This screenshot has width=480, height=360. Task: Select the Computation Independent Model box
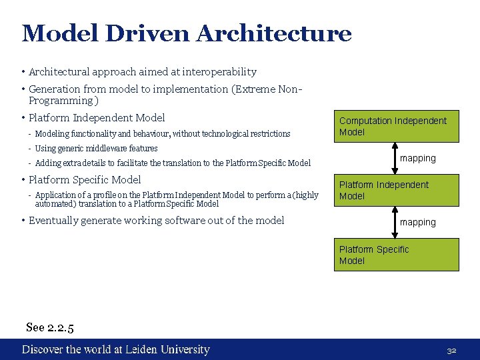[x=396, y=126]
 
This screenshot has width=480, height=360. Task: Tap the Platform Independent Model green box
[x=396, y=190]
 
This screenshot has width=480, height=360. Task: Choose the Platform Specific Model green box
[x=396, y=255]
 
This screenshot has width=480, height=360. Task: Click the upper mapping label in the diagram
[x=418, y=158]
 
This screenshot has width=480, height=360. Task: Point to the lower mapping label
[x=418, y=222]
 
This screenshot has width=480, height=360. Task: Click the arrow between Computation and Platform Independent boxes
[x=396, y=158]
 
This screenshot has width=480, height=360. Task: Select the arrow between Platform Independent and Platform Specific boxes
[x=396, y=222]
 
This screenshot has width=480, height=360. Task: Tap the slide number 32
[x=451, y=350]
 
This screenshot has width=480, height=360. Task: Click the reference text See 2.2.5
[x=50, y=327]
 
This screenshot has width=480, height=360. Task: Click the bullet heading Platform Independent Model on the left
[x=97, y=118]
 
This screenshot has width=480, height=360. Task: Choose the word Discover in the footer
[x=42, y=349]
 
